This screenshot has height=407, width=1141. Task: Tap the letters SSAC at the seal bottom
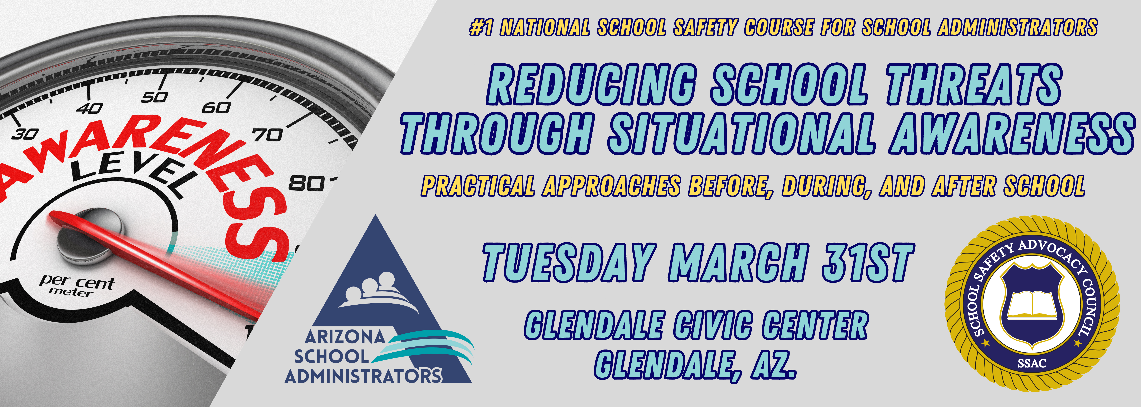click(1032, 364)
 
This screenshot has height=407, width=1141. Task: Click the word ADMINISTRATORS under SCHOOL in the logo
click(363, 376)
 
